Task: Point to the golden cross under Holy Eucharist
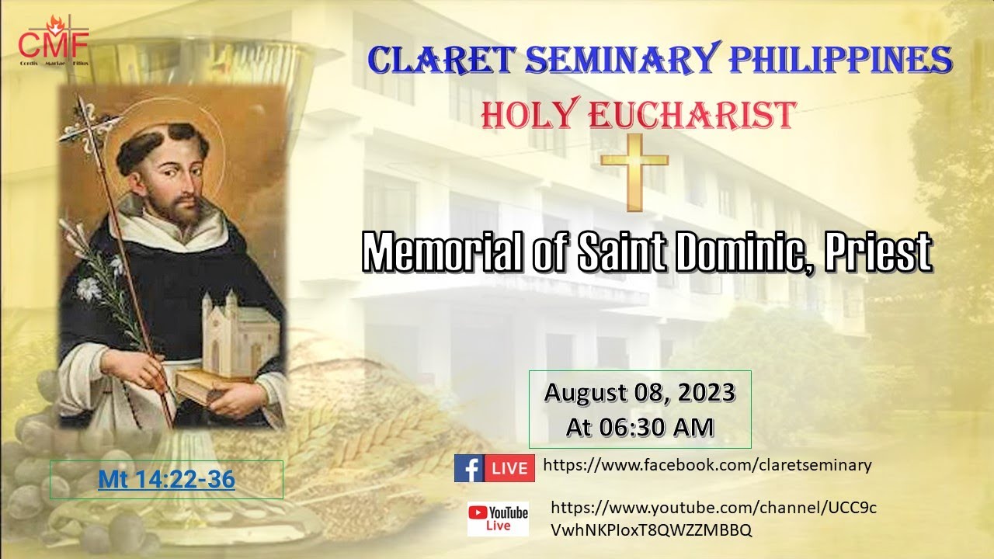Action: click(x=634, y=170)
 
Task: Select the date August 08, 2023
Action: click(x=639, y=393)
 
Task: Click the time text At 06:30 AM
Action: click(x=639, y=425)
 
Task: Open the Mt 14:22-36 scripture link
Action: click(x=166, y=480)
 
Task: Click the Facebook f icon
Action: click(x=468, y=468)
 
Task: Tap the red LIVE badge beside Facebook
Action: click(x=509, y=468)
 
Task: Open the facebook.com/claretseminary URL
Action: click(x=707, y=465)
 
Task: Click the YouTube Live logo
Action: click(x=498, y=518)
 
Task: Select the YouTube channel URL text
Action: click(x=713, y=518)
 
